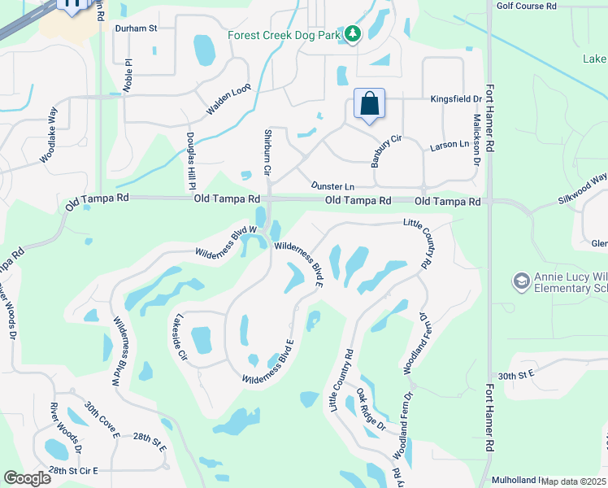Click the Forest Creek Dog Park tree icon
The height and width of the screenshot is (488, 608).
pos(353,34)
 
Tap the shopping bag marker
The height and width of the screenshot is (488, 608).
pos(369,104)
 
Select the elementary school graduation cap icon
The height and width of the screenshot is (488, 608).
pos(521,281)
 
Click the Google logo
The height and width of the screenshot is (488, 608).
pos(27,478)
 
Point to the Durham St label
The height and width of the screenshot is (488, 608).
pos(135,28)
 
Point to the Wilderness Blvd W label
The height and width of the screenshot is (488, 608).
pos(226,242)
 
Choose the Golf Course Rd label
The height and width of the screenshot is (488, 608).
pos(526,5)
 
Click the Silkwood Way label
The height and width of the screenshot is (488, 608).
pos(582,188)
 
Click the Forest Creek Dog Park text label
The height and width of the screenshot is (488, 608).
pos(284,35)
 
